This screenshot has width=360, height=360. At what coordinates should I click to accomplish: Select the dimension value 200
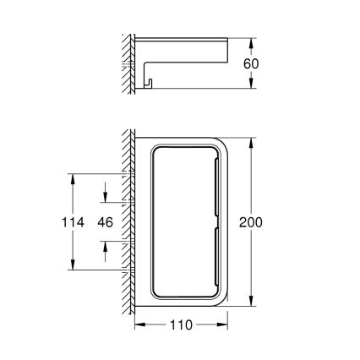click(x=250, y=222)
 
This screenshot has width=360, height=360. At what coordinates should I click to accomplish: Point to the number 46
click(x=105, y=222)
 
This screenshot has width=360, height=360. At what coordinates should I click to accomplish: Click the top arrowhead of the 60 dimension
click(x=250, y=41)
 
